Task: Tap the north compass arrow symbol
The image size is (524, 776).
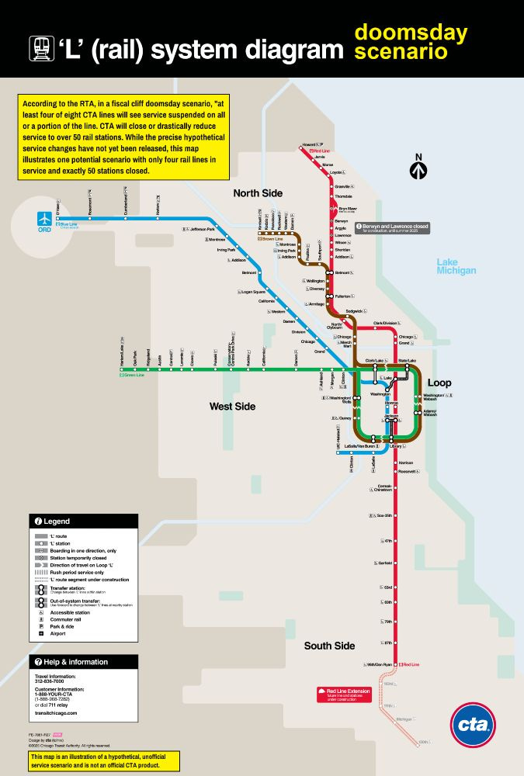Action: pos(418,168)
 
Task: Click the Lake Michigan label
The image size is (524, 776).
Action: pos(456,266)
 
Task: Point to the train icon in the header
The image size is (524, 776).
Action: pos(41,50)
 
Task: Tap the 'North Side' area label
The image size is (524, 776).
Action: pos(259,192)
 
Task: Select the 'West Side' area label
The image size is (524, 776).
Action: pos(232,406)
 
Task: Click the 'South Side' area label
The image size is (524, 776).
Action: pos(329,646)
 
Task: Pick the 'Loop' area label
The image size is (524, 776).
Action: pos(439,383)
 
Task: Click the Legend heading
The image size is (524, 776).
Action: pos(57,521)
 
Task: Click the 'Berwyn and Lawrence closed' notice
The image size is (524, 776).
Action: pos(392,228)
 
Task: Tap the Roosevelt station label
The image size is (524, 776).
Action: pos(407,471)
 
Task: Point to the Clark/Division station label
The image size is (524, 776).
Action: pos(385,323)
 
